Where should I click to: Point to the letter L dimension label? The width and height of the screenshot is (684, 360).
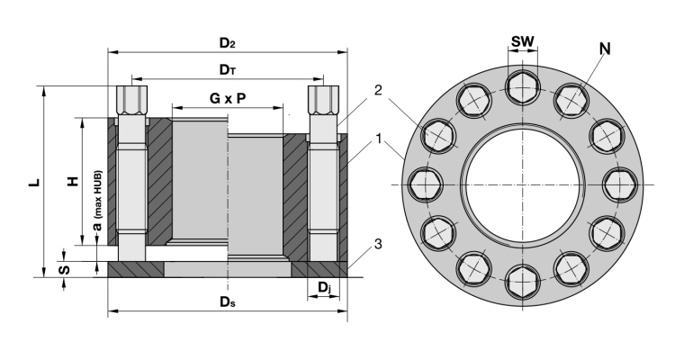point(33,182)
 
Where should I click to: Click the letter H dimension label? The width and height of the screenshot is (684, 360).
point(73,182)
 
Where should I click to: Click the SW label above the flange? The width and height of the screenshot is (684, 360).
point(522,42)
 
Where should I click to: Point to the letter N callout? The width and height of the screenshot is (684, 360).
point(604,48)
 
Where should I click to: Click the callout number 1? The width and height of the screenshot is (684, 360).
point(381,139)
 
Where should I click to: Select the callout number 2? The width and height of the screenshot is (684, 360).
point(380,90)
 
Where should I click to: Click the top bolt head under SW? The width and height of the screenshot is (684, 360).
point(522,87)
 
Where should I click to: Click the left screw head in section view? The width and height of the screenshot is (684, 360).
point(130,96)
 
